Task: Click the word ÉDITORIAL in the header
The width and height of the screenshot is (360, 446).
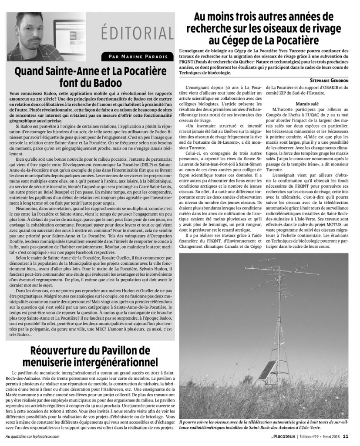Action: pyautogui.click(x=136, y=32)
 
